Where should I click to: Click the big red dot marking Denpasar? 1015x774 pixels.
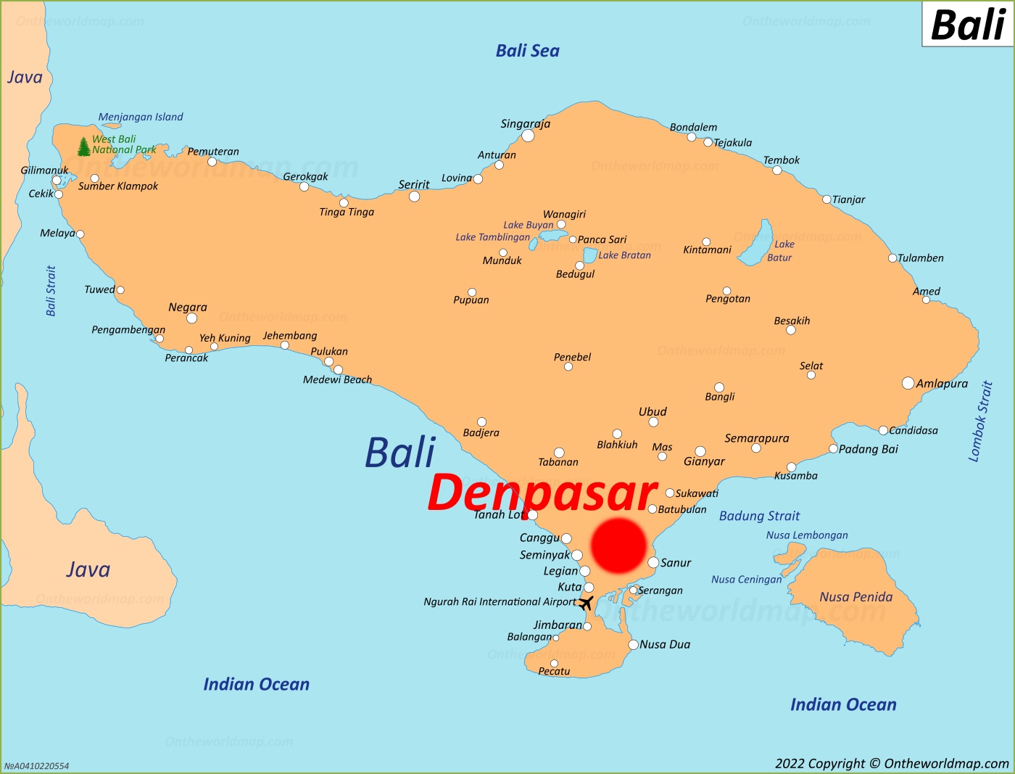(618, 545)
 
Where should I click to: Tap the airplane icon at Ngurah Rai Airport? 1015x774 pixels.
(586, 603)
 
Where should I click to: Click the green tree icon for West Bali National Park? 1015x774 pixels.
(84, 147)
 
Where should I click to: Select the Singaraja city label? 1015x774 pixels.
(525, 124)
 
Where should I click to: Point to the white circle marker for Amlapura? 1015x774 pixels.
(908, 383)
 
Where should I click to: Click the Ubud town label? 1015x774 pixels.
(652, 411)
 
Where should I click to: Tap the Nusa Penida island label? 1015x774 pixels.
(855, 597)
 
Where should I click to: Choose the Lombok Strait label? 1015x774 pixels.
(980, 421)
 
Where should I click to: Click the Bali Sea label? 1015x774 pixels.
(527, 51)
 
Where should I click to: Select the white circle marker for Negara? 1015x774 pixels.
(191, 318)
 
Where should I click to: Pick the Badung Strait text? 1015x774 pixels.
(759, 516)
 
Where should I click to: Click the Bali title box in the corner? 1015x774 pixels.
(967, 25)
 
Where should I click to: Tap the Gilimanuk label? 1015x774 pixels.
(44, 170)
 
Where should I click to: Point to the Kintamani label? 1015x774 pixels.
(707, 250)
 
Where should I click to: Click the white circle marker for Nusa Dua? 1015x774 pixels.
(633, 645)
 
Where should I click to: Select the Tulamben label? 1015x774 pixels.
(920, 258)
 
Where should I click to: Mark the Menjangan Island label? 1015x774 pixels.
(141, 117)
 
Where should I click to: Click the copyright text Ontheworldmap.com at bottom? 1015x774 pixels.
(892, 763)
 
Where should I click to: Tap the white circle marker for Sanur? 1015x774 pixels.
(653, 563)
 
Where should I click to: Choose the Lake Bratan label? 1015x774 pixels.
(624, 255)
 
